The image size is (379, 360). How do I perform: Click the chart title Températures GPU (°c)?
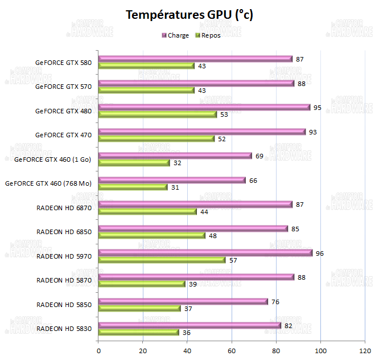(x=189, y=15)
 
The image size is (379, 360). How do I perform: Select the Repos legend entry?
(x=210, y=35)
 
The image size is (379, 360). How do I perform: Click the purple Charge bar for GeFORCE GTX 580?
(x=195, y=59)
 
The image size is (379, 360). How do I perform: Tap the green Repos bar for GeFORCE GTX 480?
(x=158, y=114)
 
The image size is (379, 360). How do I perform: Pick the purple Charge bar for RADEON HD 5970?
(x=205, y=253)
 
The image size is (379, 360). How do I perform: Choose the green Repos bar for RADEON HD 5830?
(x=139, y=333)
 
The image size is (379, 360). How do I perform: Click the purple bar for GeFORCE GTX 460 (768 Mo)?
(x=172, y=180)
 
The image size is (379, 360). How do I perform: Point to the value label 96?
(x=319, y=253)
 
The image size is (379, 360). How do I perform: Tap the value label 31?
(x=175, y=187)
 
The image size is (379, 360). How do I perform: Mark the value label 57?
(x=233, y=260)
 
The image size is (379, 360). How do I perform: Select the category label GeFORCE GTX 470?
(x=63, y=135)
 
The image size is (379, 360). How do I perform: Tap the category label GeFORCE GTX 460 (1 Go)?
(x=53, y=159)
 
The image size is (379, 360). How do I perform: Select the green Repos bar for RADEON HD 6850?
(x=152, y=235)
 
